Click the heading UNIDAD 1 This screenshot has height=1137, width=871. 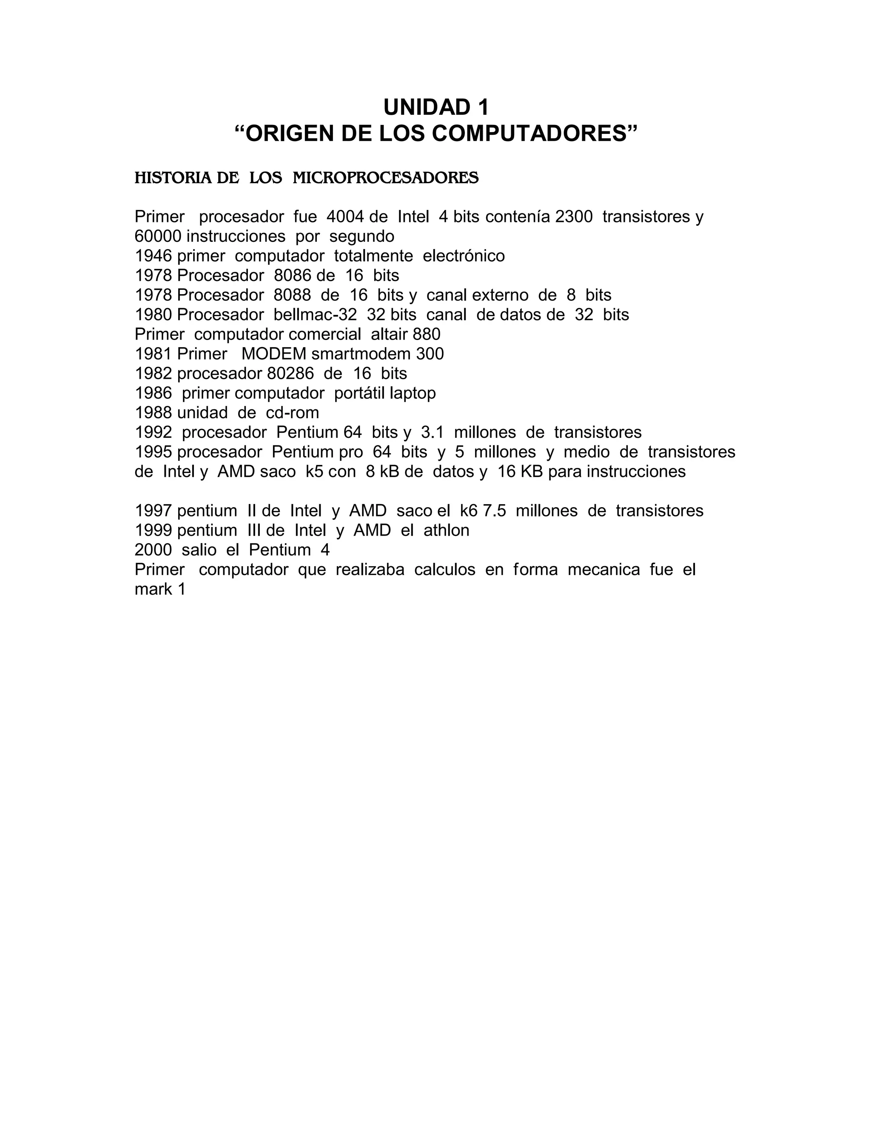pos(435,107)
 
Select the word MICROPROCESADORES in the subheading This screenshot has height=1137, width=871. pos(385,178)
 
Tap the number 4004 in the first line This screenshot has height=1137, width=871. pos(345,217)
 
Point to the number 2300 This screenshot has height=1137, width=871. pos(573,217)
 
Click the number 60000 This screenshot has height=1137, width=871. pos(158,236)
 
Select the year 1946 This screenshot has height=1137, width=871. pos(153,256)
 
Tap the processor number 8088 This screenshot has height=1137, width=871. pos(292,295)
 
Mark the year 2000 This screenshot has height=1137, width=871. pos(153,550)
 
